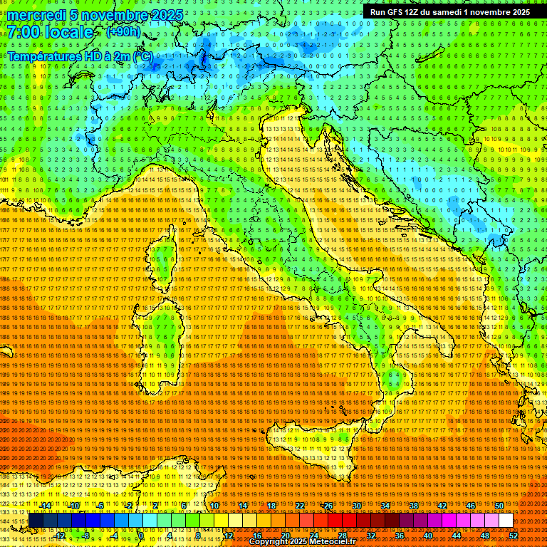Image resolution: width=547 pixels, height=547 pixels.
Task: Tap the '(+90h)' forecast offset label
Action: [123, 32]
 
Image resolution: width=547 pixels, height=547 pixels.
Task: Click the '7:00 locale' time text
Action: [50, 33]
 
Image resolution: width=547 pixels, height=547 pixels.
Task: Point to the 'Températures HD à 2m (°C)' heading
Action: [80, 56]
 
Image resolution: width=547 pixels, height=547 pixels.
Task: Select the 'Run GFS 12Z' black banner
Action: [449, 12]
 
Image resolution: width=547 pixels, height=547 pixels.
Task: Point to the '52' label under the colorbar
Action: [514, 535]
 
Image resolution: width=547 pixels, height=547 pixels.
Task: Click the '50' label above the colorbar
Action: [499, 506]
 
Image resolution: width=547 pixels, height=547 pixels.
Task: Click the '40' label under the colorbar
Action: [428, 535]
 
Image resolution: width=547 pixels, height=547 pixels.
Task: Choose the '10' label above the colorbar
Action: [214, 506]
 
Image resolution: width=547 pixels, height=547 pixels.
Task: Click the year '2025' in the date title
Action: [165, 14]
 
